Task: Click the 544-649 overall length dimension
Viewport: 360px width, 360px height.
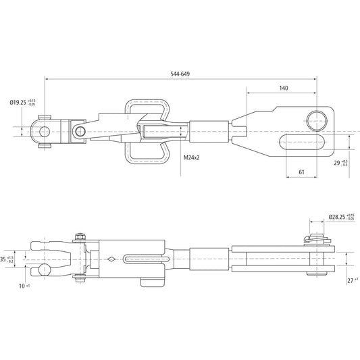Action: click(x=180, y=73)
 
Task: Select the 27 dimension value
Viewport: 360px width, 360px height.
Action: click(x=349, y=278)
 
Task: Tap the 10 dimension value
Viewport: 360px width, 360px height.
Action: click(x=22, y=286)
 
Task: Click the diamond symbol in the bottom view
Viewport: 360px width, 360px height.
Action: click(x=111, y=258)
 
